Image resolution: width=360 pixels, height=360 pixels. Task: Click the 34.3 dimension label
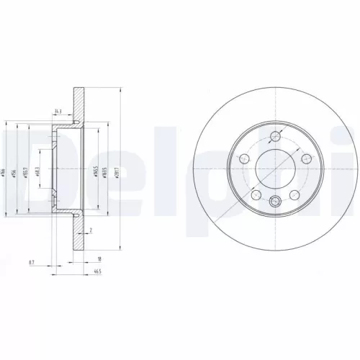point(57,111)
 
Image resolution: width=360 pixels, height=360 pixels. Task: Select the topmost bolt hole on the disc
point(275,137)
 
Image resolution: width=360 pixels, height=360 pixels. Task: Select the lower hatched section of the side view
point(78,230)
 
